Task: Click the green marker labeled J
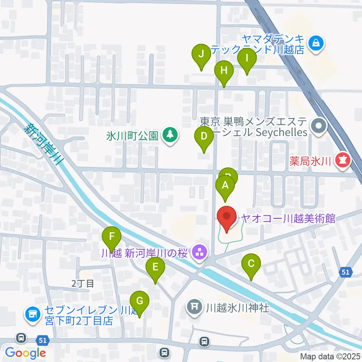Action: pos(202,54)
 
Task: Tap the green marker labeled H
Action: pos(224,71)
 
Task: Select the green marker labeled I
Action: pos(247,59)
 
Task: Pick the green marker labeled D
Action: pos(204,137)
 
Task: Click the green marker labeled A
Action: pos(225,186)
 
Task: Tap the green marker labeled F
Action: pos(112,237)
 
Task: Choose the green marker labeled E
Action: pos(155,268)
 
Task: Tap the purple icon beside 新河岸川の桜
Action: pos(199,252)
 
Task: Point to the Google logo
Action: pos(25,353)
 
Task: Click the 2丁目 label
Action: pos(82,284)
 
